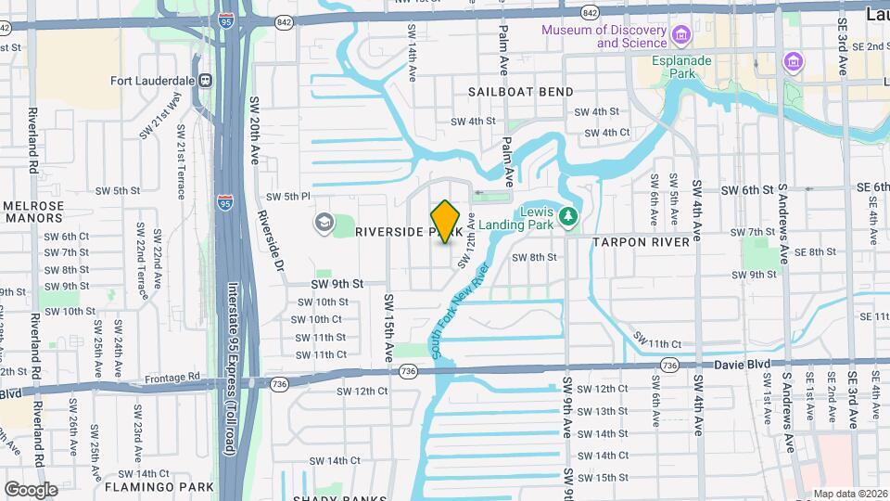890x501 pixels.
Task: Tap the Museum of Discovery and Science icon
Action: point(682,36)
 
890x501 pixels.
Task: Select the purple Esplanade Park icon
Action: point(793,62)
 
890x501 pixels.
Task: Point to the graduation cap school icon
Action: point(324,223)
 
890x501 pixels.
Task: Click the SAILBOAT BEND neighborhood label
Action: point(520,92)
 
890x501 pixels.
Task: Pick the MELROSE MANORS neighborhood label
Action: point(33,212)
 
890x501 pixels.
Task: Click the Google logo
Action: point(31,489)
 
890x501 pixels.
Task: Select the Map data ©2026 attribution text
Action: point(850,494)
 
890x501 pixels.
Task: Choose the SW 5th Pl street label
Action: point(287,197)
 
